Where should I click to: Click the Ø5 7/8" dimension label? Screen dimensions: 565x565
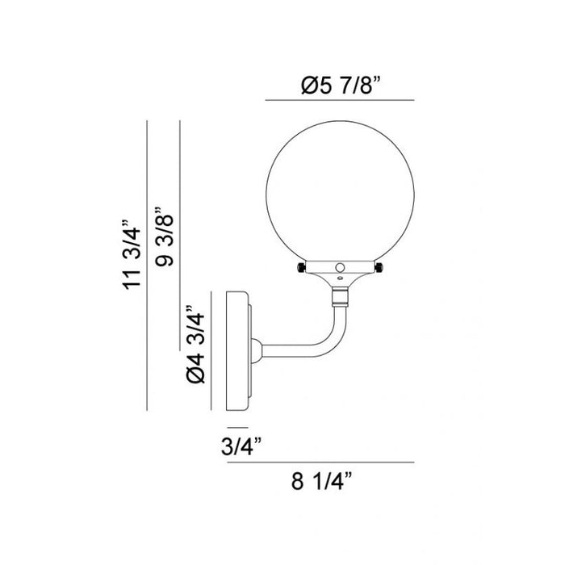tap(341, 86)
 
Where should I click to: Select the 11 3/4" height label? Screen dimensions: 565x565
tap(132, 254)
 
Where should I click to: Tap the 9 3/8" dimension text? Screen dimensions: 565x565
tap(165, 236)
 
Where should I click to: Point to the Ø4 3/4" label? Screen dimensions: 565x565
tap(195, 345)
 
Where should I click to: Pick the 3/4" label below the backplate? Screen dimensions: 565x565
tap(241, 446)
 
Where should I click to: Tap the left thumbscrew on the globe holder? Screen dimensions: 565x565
tap(301, 268)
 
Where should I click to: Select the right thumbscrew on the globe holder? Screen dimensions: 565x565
tap(379, 268)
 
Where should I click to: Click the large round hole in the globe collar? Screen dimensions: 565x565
tap(340, 267)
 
